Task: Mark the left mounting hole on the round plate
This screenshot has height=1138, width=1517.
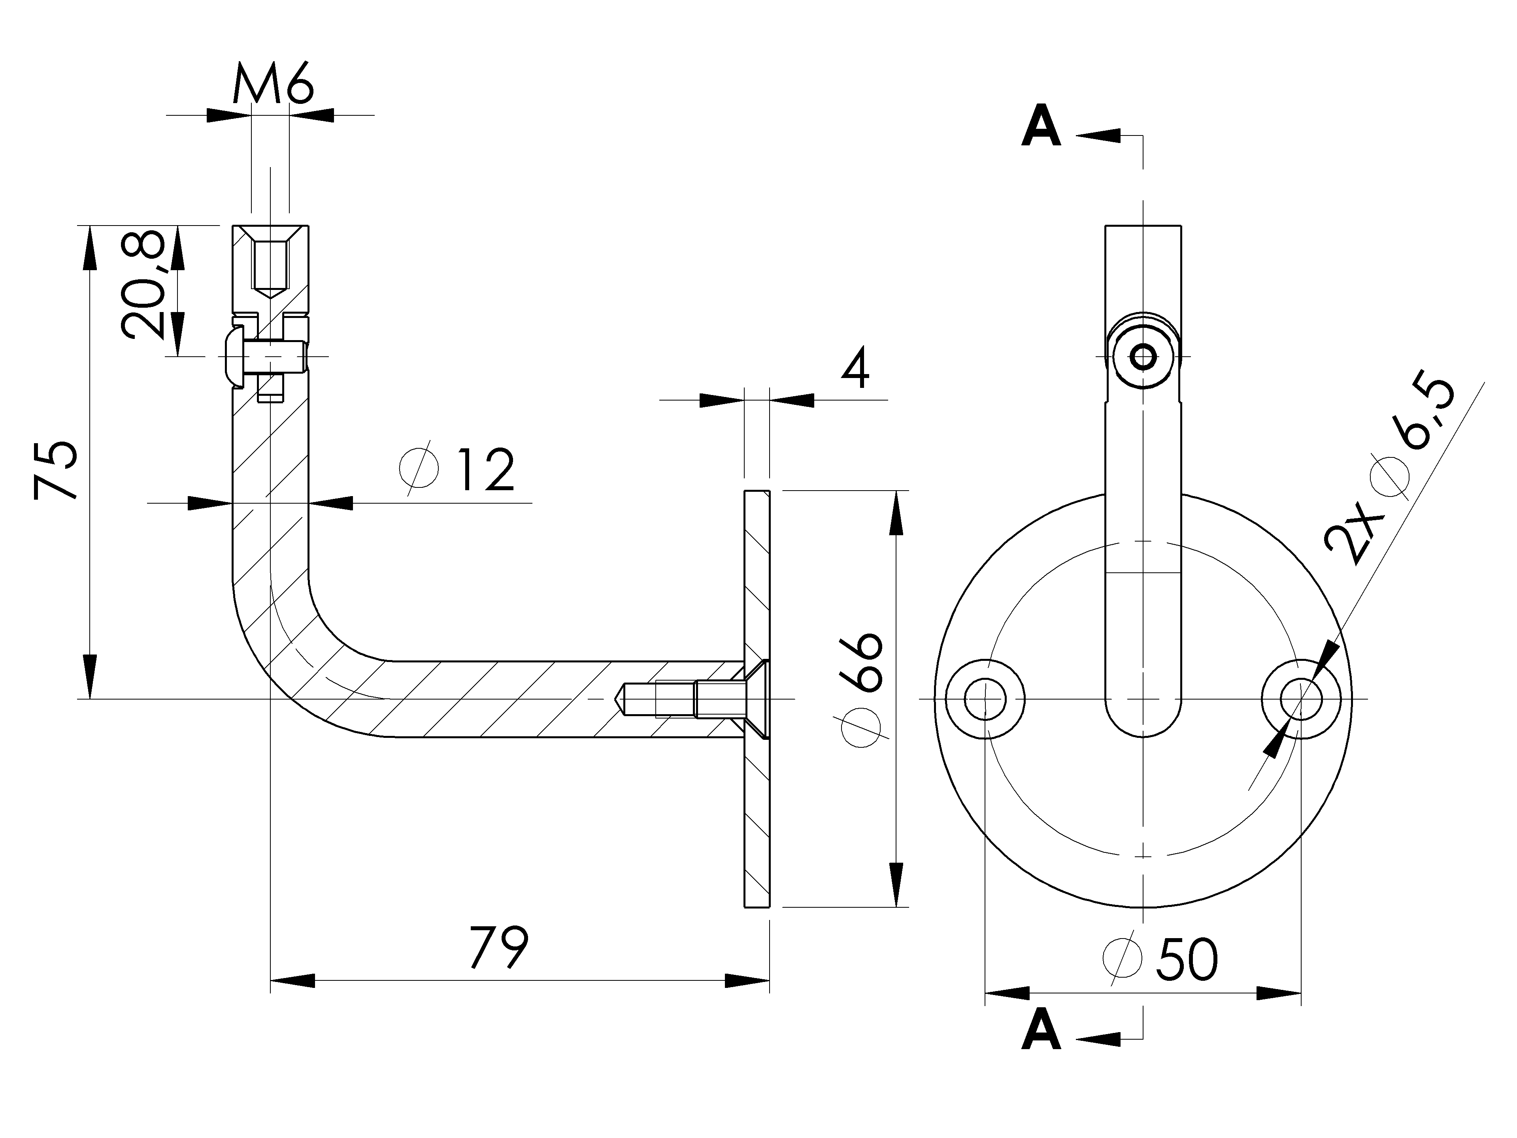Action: point(985,699)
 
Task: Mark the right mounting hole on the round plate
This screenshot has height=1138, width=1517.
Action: point(1301,699)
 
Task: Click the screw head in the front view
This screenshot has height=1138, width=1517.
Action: point(1143,356)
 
